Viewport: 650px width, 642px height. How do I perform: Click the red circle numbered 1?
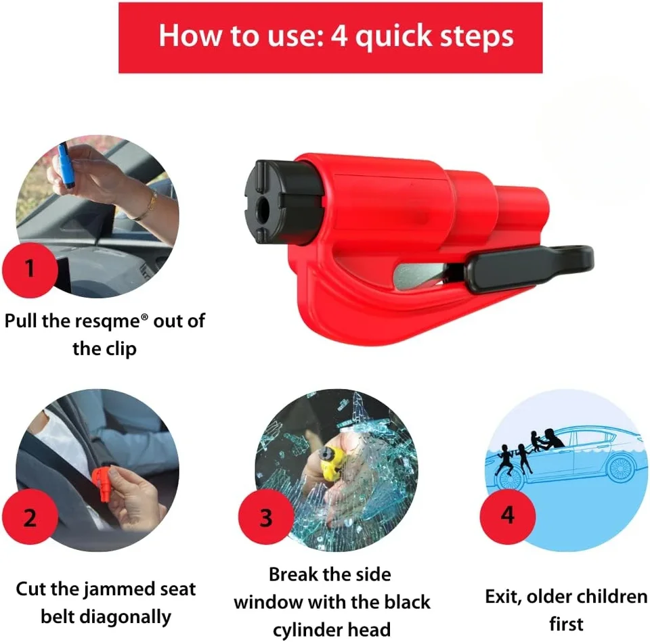click(x=30, y=269)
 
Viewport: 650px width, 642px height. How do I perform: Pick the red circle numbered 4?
click(x=508, y=515)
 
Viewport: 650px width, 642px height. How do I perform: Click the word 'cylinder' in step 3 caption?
click(x=307, y=630)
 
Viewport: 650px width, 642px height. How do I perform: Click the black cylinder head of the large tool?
click(x=282, y=202)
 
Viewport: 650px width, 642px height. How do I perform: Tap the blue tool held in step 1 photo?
click(x=65, y=166)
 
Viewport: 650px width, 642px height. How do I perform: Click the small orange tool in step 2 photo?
click(x=102, y=484)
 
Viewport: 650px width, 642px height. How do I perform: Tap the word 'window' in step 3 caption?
click(x=269, y=603)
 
